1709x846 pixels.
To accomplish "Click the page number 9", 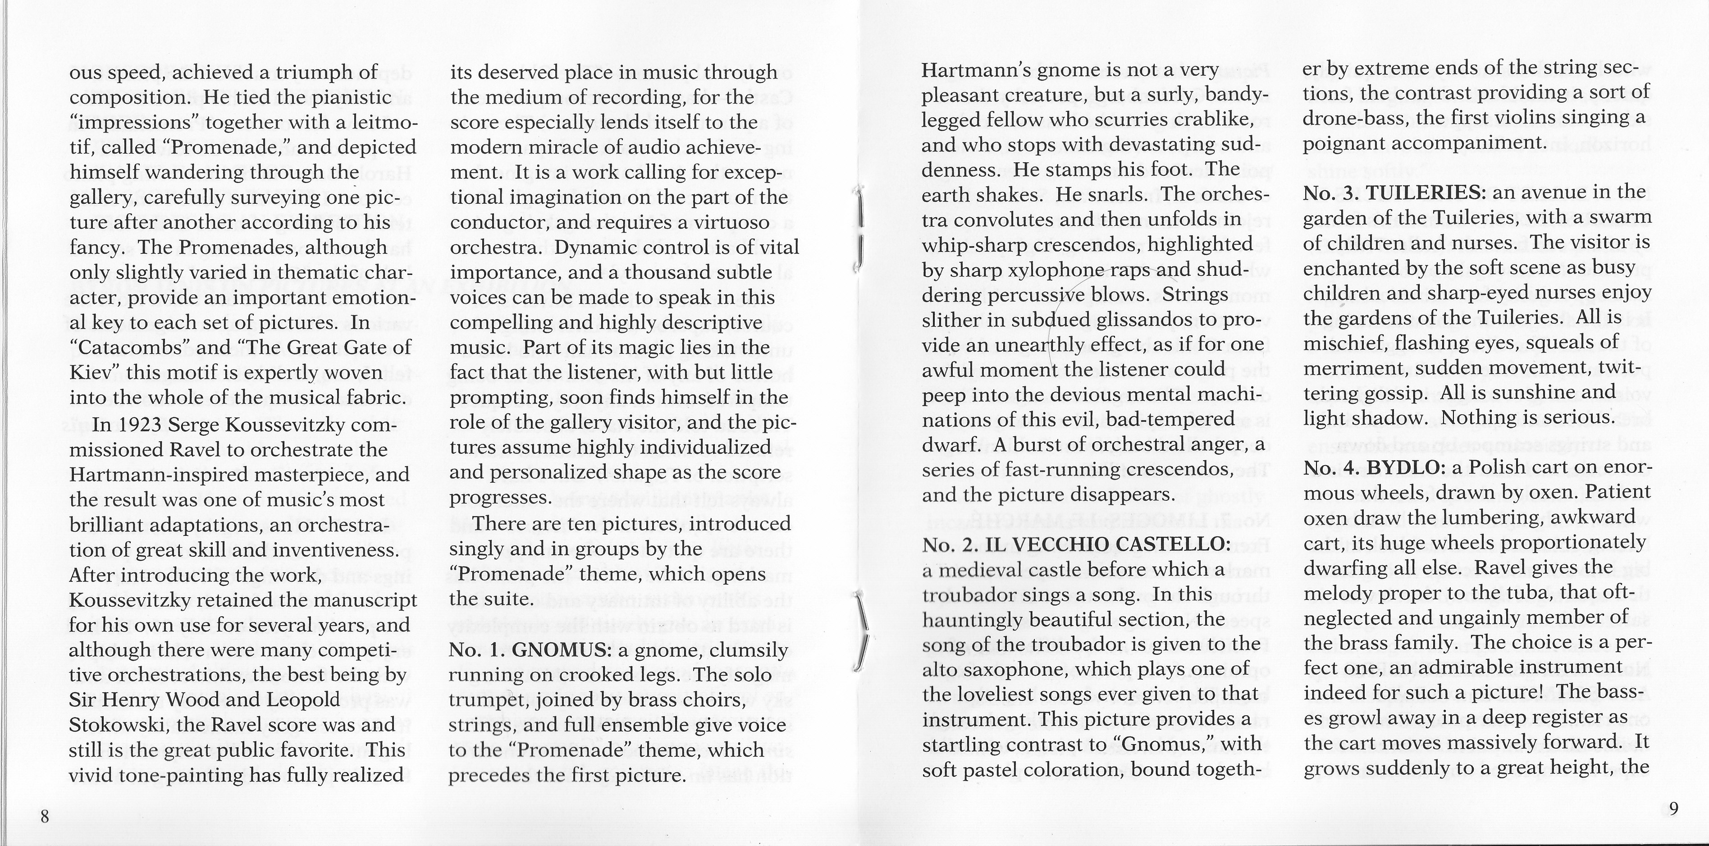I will (1673, 808).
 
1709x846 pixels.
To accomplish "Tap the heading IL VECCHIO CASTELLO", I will (1107, 544).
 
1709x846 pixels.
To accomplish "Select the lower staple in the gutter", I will (861, 631).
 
